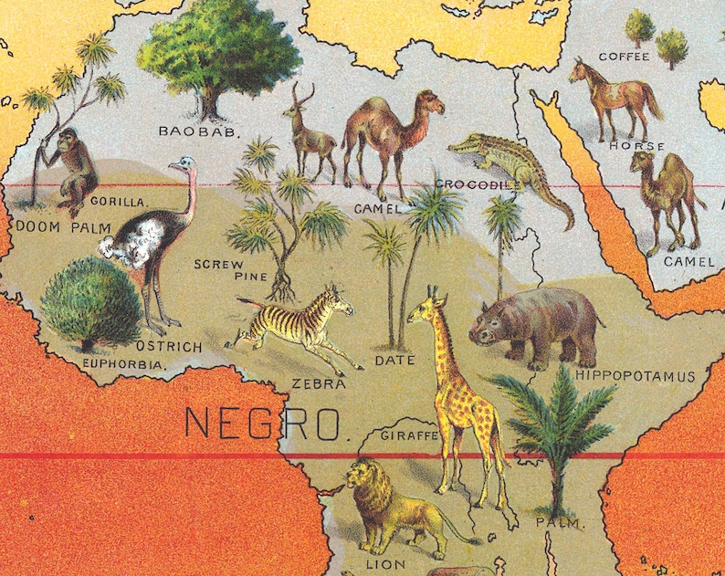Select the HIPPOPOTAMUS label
(x=636, y=376)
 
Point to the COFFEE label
(x=624, y=57)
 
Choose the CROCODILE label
(x=477, y=185)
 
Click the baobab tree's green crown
(x=218, y=46)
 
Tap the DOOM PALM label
(x=50, y=225)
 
